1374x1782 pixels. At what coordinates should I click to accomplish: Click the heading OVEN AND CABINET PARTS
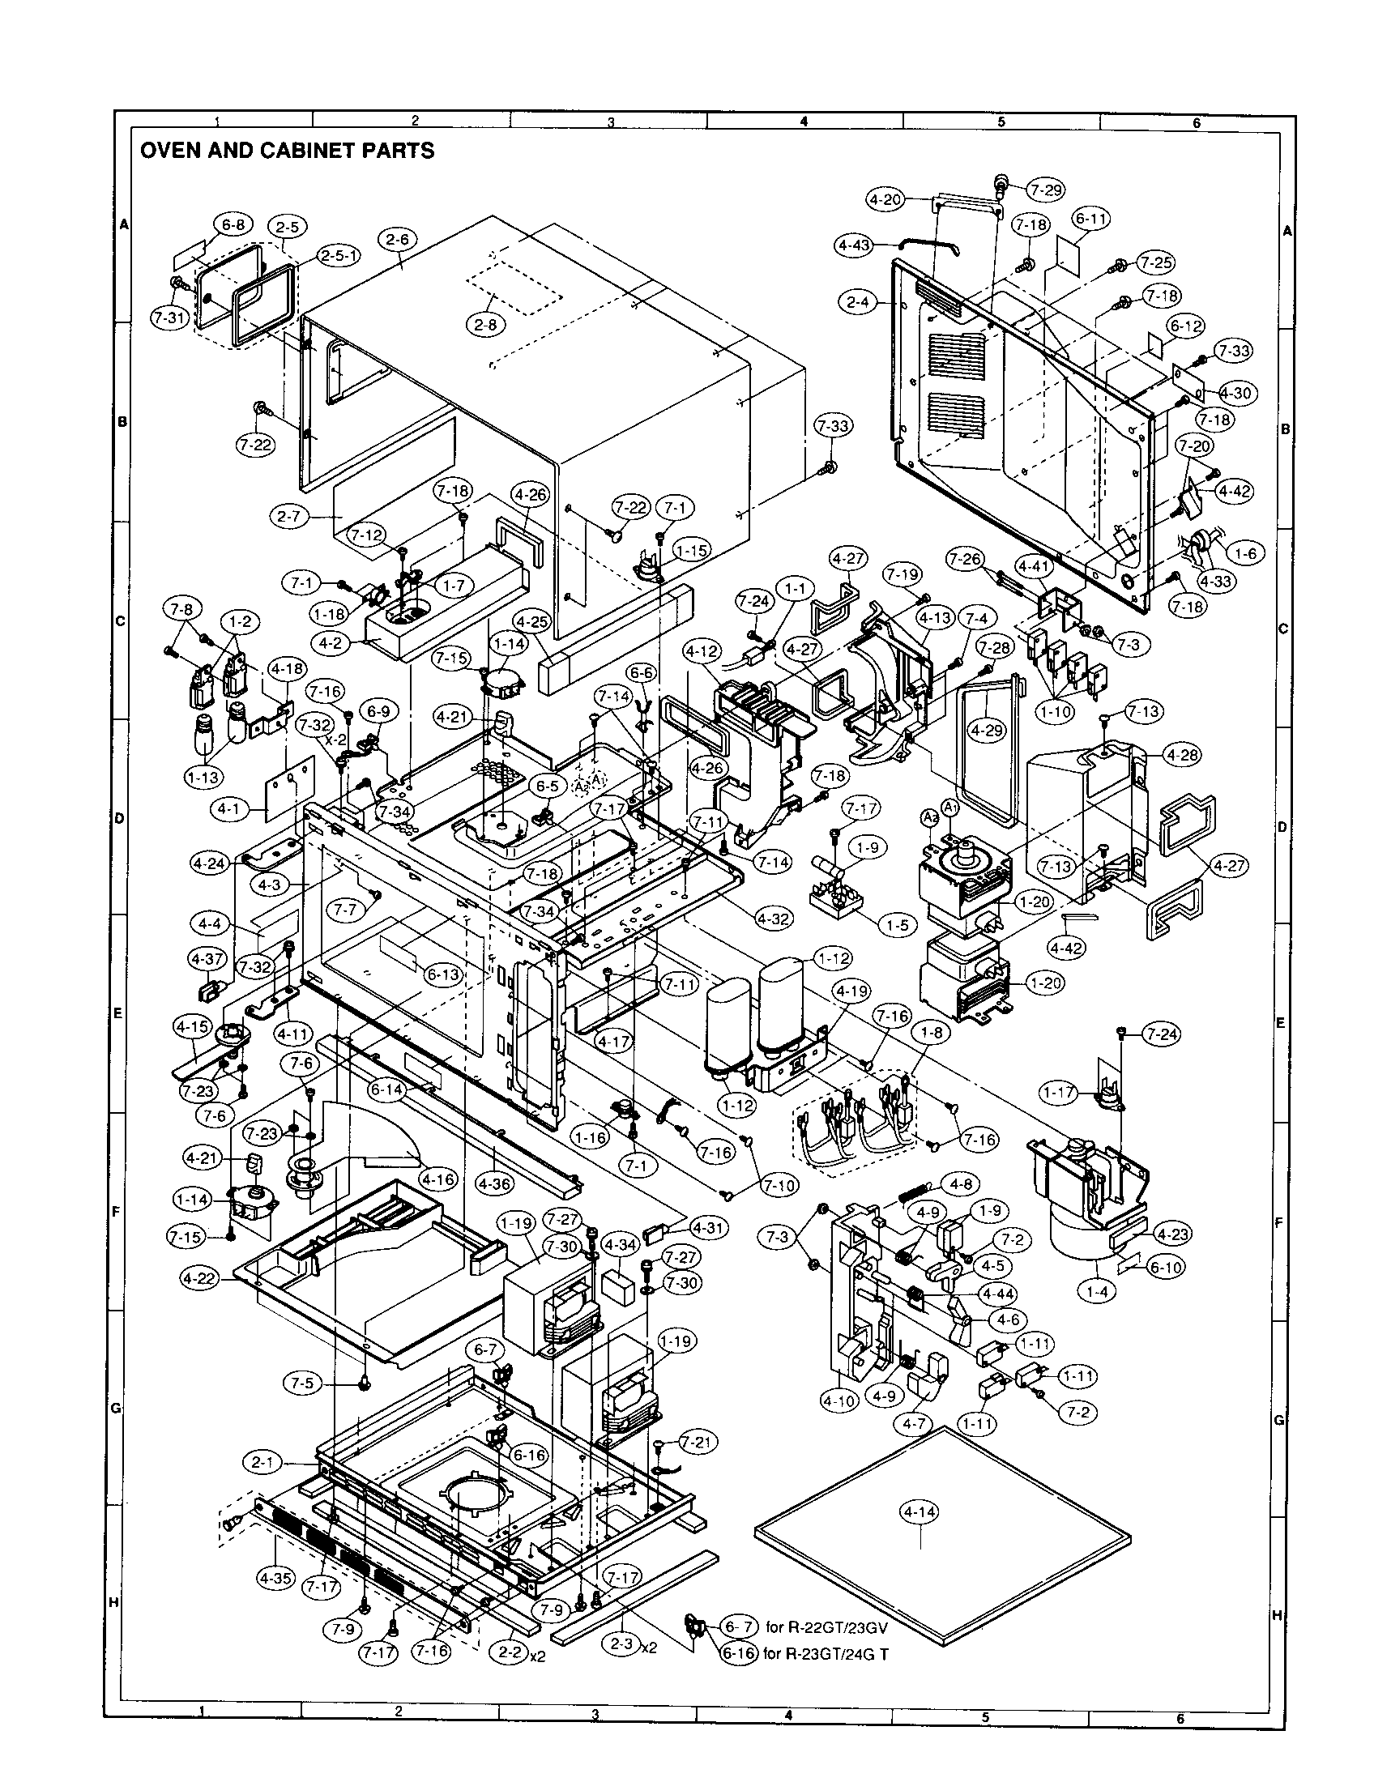point(288,150)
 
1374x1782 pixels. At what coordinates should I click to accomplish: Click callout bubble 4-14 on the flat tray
point(919,1512)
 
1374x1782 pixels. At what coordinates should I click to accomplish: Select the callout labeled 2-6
point(398,239)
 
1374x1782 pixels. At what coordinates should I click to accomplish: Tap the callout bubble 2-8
point(486,324)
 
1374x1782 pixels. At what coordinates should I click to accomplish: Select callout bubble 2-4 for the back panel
point(857,302)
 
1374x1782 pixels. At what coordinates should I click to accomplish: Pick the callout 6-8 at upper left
point(234,225)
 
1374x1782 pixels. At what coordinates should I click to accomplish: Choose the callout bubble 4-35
point(275,1578)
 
